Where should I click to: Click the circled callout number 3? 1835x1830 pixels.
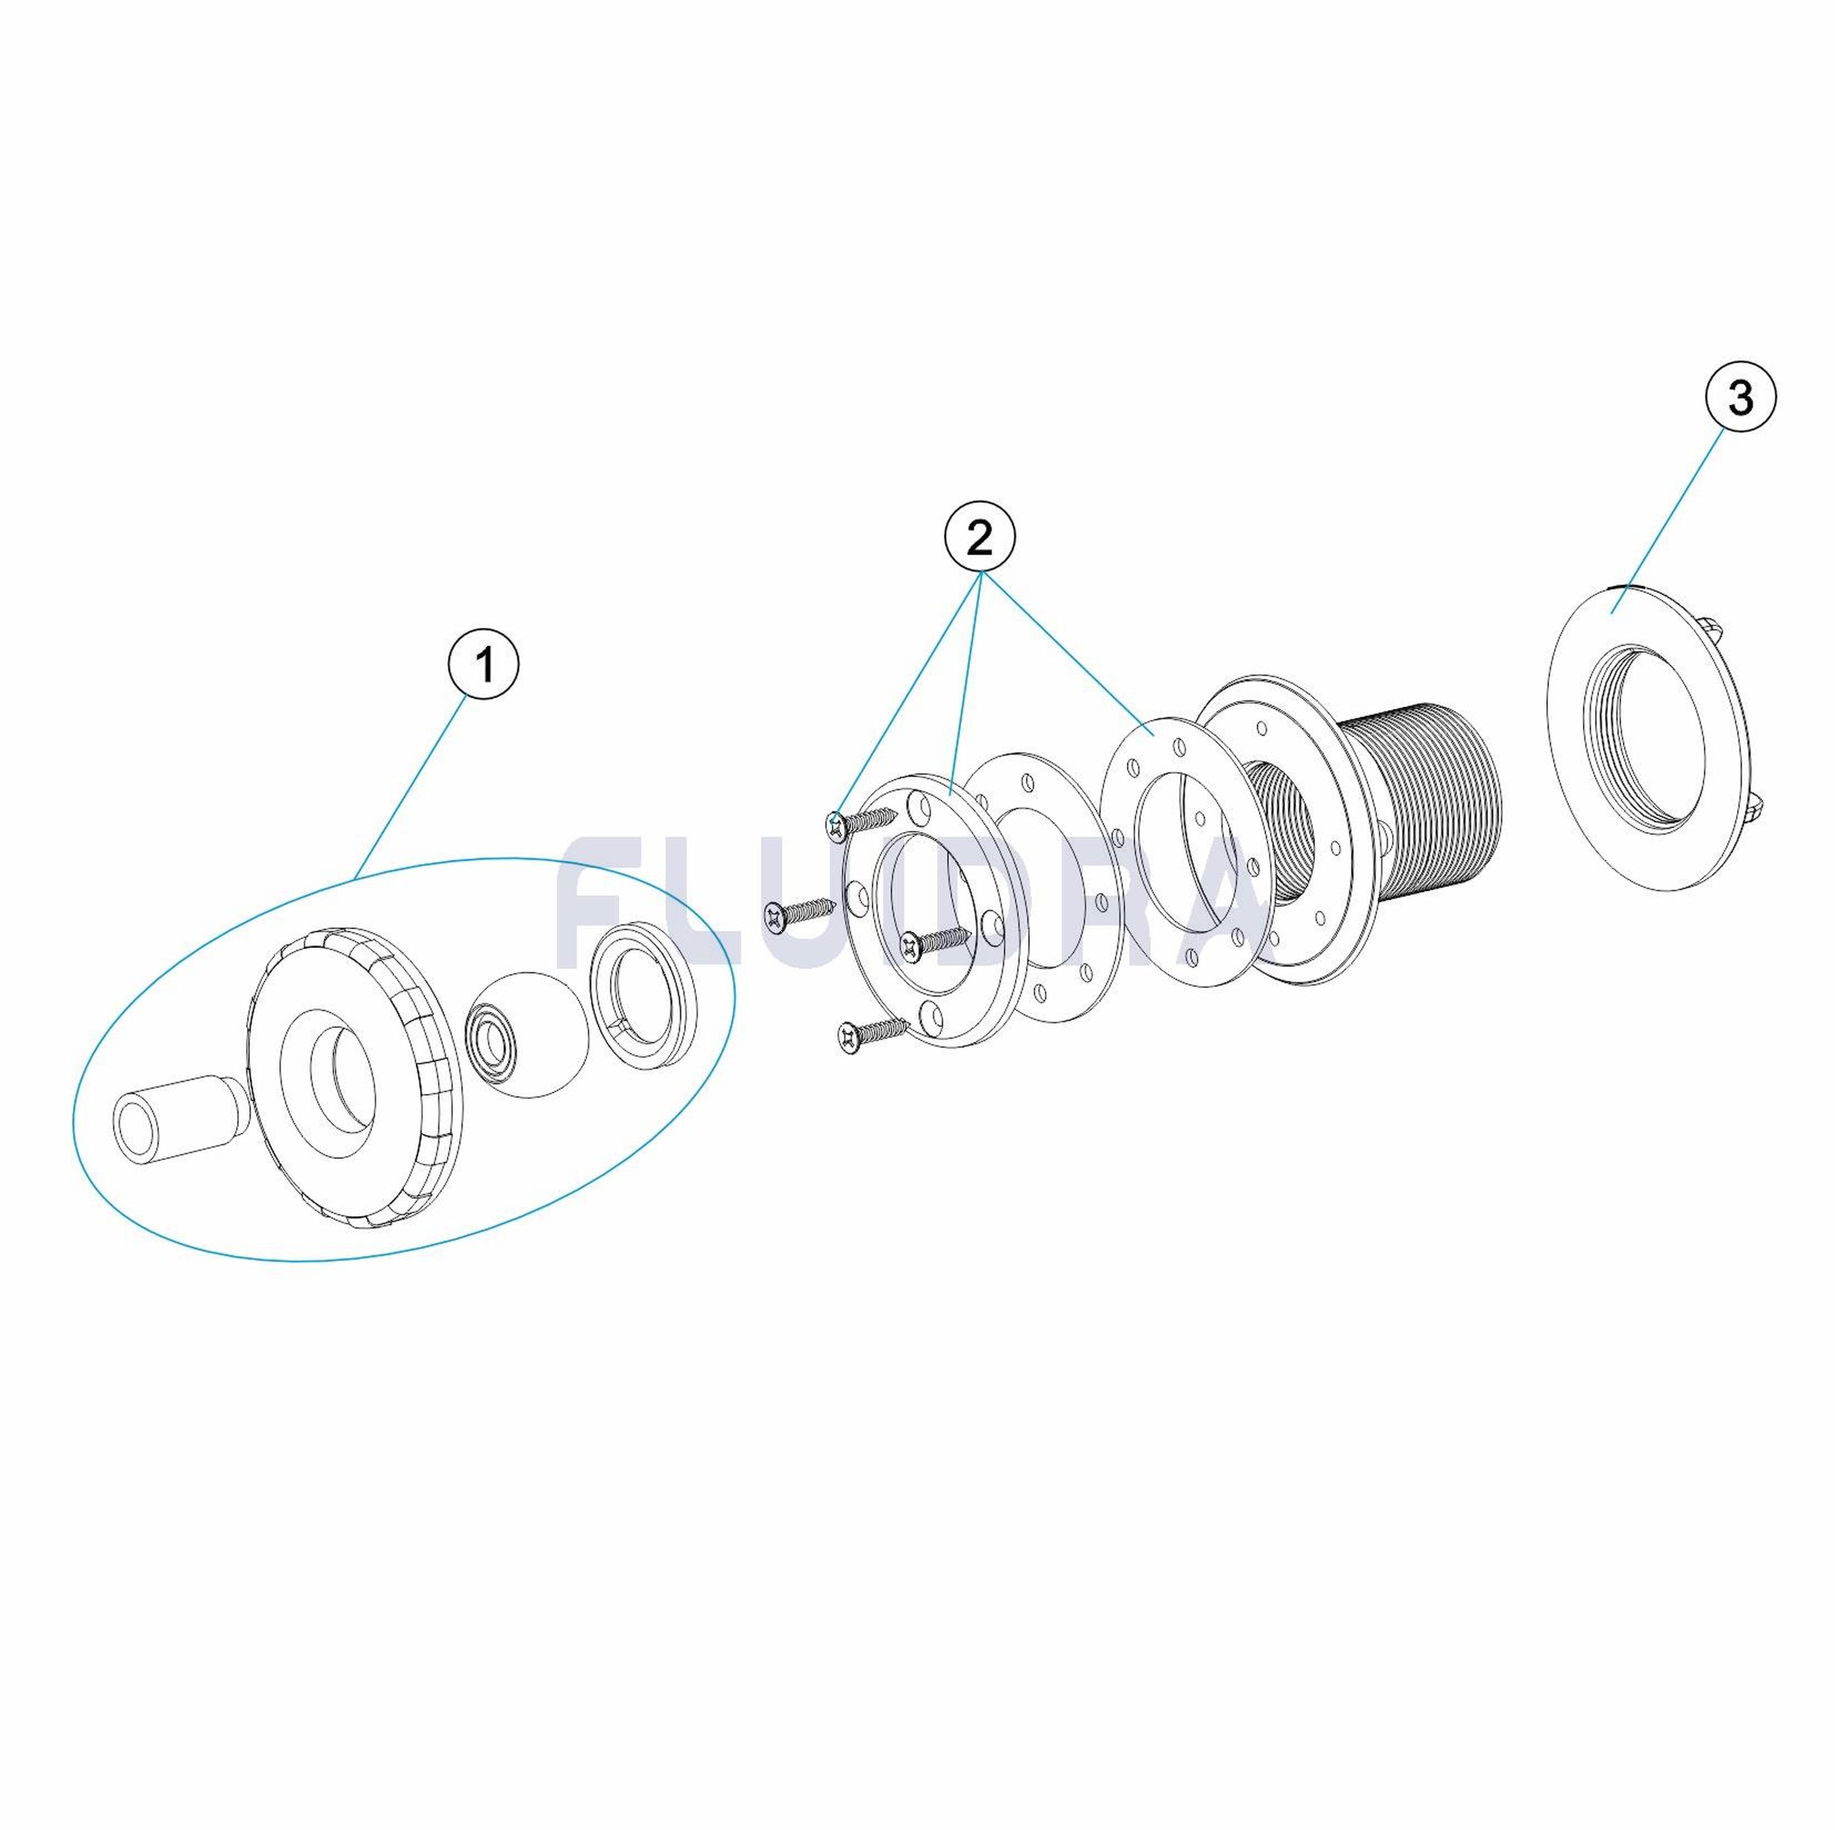click(x=1741, y=398)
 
